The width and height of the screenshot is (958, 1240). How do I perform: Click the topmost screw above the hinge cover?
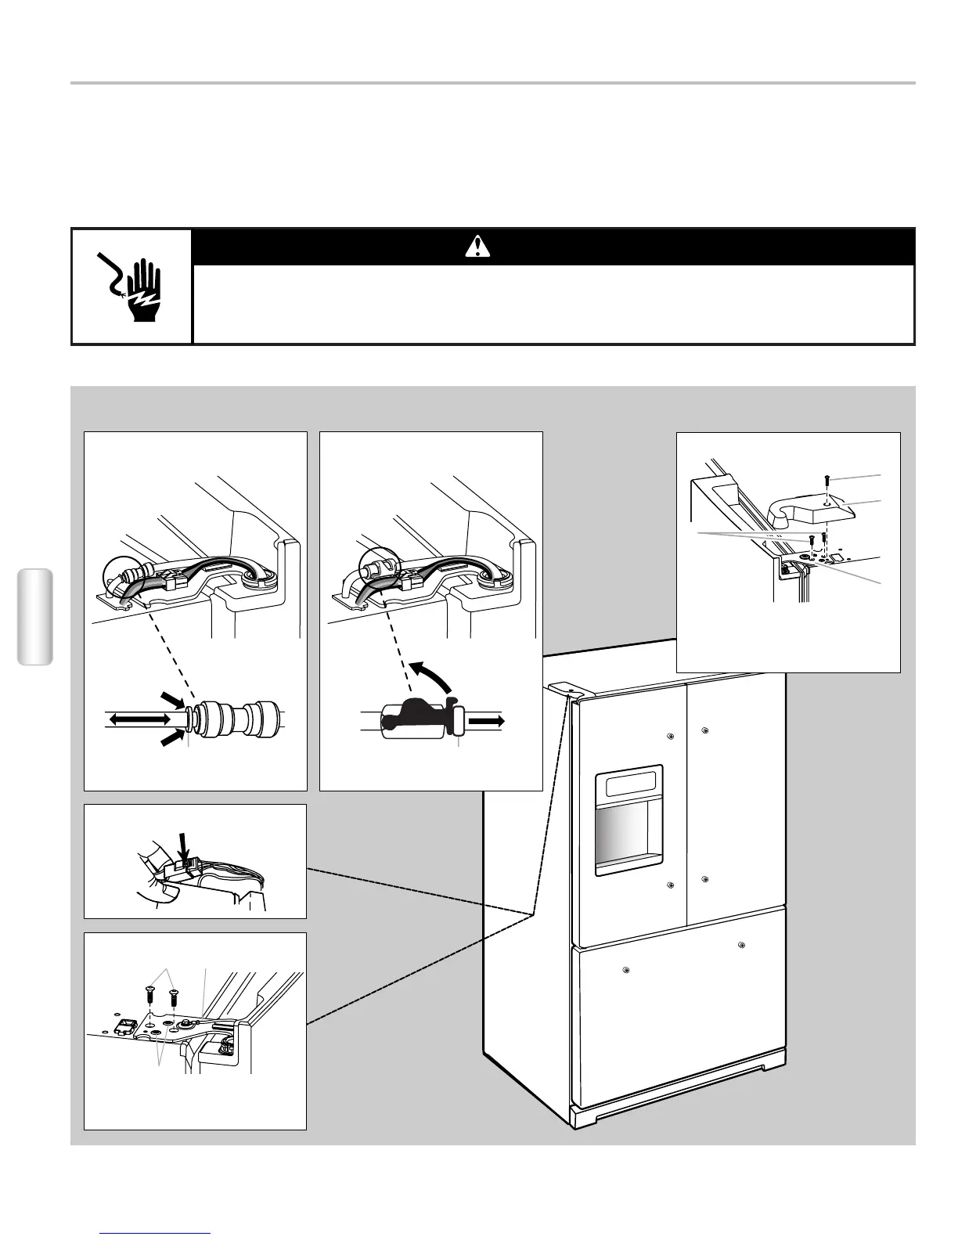(x=827, y=480)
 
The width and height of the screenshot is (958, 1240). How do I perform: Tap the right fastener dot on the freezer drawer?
(x=741, y=946)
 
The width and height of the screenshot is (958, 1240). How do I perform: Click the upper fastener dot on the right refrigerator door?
(x=705, y=730)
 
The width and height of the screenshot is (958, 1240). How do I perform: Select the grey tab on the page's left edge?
(x=34, y=617)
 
